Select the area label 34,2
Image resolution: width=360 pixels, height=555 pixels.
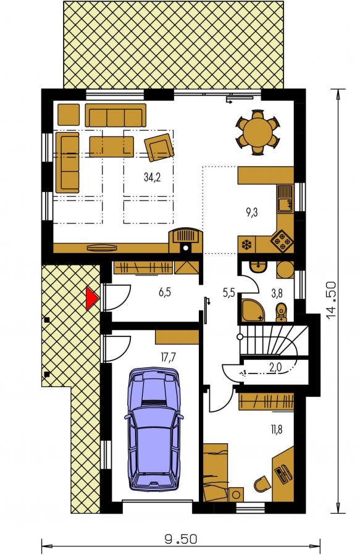152,177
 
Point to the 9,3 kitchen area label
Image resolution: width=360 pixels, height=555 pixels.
252,212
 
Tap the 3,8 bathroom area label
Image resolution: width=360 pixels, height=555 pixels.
277,293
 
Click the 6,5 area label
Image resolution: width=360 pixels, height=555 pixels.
165,293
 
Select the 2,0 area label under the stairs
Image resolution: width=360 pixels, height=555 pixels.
275,367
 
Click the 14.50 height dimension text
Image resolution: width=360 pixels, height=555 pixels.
331,301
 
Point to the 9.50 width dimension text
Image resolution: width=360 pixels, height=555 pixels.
181,540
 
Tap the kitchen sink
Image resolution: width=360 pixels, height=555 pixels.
285,199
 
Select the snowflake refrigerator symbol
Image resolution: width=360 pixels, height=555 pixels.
246,244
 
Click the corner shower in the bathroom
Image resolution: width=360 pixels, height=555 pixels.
253,311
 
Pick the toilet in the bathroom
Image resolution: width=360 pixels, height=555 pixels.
282,312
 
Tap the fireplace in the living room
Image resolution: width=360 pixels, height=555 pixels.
186,240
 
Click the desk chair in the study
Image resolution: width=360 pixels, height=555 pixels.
262,483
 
